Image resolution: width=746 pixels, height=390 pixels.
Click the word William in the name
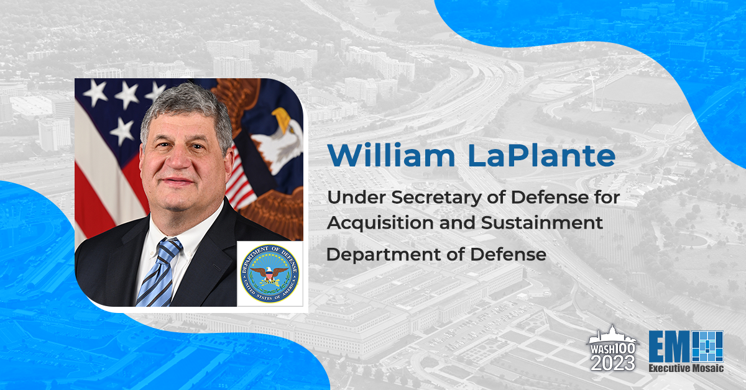(391, 155)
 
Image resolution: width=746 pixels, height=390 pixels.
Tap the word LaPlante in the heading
(542, 155)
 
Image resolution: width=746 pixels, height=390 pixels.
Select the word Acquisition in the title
(380, 224)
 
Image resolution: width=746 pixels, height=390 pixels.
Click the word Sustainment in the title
(542, 222)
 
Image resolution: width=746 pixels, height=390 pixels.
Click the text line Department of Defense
(436, 255)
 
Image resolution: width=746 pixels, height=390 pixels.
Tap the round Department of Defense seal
(270, 273)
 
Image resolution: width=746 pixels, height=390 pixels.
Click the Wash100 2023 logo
(613, 348)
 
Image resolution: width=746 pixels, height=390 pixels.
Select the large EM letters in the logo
(670, 347)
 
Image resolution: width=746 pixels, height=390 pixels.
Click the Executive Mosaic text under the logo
(686, 368)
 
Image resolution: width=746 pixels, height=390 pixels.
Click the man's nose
(179, 158)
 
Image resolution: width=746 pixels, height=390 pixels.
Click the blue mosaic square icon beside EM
(708, 347)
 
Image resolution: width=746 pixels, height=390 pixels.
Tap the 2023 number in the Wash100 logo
(613, 363)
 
